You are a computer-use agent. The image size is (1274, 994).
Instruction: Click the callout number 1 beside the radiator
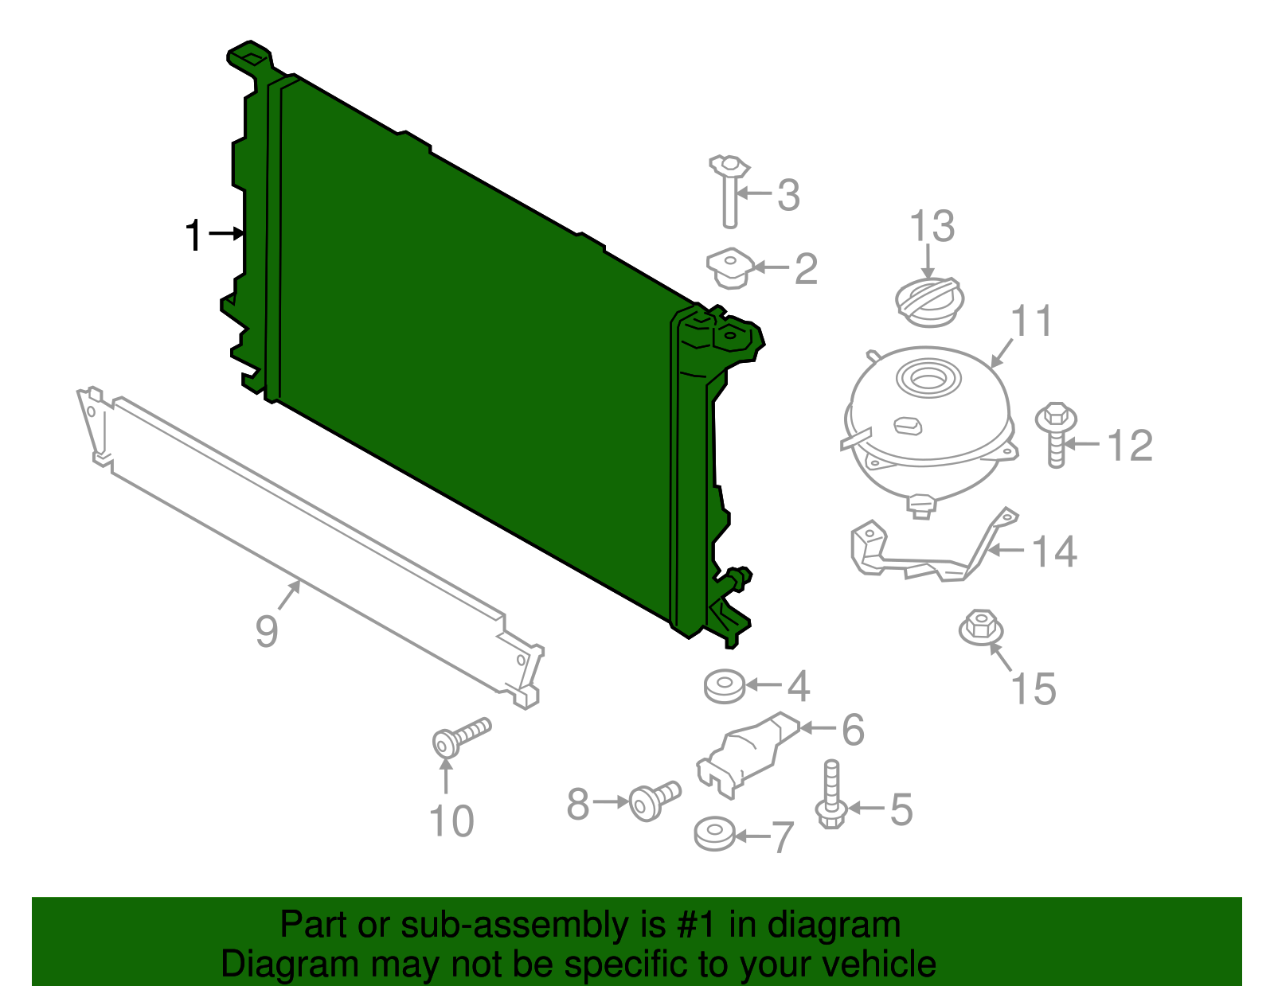[x=193, y=236]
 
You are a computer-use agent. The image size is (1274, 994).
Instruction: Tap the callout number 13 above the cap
[x=932, y=227]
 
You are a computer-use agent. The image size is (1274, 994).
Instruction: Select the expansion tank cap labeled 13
[x=929, y=302]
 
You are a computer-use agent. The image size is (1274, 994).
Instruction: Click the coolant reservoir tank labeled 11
[x=928, y=422]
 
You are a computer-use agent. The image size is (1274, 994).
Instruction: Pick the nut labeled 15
[x=981, y=628]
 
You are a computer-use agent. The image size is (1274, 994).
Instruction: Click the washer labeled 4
[x=725, y=685]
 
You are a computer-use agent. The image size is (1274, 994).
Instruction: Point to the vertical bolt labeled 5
[x=830, y=796]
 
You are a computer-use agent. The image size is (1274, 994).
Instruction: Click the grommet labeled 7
[x=714, y=834]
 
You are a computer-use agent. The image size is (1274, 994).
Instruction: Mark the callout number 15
[x=1034, y=689]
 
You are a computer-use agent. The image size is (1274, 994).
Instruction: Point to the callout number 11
[x=1032, y=322]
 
